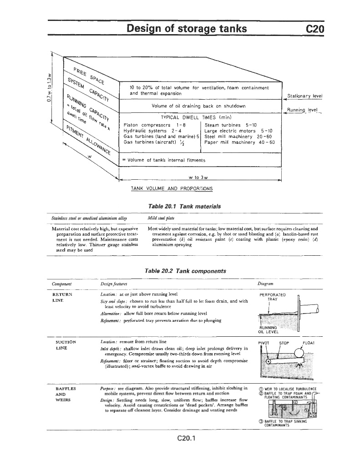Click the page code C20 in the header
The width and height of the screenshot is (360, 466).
click(314, 29)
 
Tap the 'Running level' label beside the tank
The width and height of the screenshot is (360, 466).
click(302, 110)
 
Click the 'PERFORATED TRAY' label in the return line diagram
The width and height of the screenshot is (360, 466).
click(272, 297)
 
